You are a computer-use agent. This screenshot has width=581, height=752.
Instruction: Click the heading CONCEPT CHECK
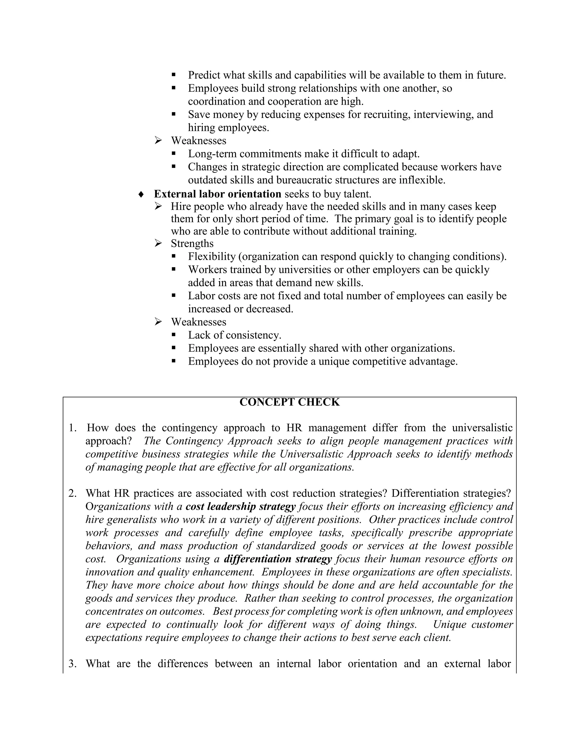[x=289, y=402]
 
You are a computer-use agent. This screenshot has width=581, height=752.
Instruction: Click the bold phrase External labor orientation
[x=217, y=194]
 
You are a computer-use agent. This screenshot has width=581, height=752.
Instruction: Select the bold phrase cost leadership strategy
[x=240, y=507]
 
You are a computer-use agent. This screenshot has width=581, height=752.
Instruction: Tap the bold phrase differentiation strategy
[x=278, y=559]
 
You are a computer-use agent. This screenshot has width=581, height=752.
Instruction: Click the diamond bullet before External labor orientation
[x=140, y=194]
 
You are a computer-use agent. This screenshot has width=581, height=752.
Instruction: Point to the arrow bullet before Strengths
[x=158, y=243]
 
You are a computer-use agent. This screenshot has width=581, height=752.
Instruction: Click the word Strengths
[x=192, y=243]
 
